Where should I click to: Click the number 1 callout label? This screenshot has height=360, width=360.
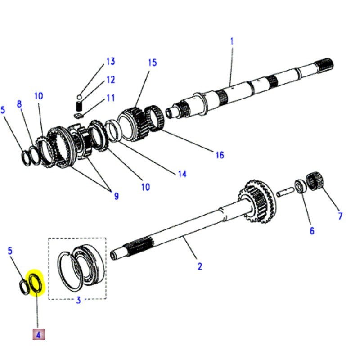232,41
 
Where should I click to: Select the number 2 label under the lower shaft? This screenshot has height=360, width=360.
199,266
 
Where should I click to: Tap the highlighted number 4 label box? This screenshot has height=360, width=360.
38,334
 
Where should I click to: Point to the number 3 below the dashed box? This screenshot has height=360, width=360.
78,300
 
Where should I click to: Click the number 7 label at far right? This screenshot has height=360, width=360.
340,216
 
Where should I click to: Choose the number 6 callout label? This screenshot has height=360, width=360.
311,231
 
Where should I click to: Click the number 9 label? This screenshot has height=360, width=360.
116,196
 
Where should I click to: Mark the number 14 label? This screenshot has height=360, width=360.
182,174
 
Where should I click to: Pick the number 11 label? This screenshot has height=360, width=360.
110,98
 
